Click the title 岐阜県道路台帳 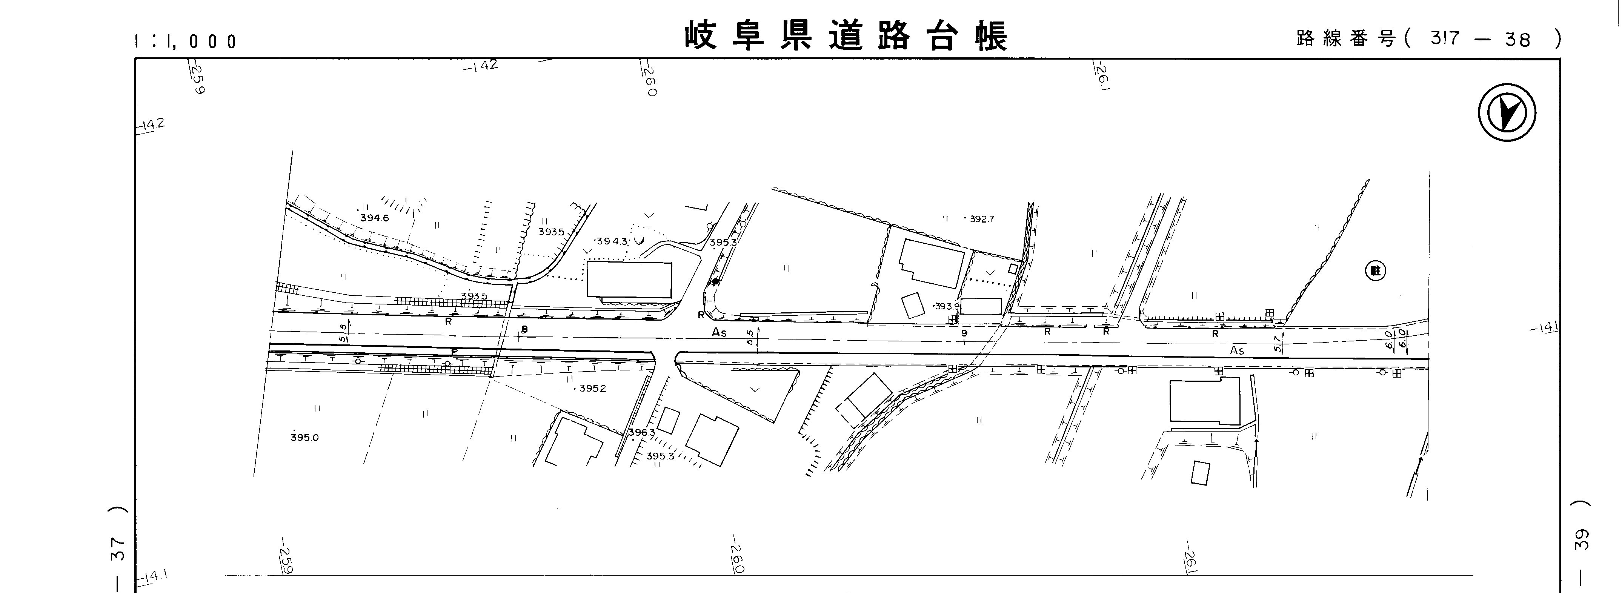click(846, 35)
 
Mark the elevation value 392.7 click(982, 219)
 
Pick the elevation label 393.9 click(946, 307)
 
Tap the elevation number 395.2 click(592, 389)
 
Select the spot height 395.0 click(305, 438)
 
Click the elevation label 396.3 click(642, 432)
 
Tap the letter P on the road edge click(454, 351)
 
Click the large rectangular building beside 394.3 click(629, 280)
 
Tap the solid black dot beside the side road click(715, 282)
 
